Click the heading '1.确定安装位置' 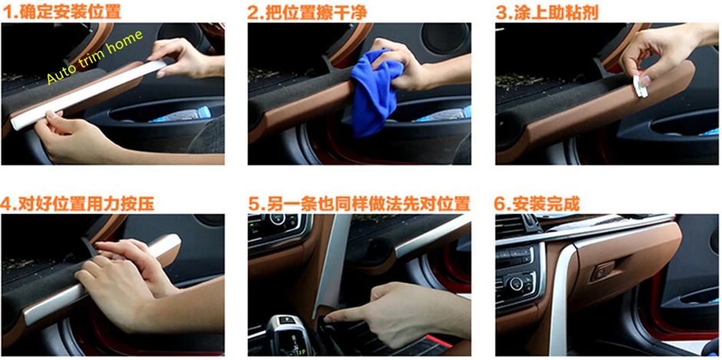tap(61, 12)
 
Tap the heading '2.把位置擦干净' tap(306, 12)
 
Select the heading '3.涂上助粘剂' tap(547, 12)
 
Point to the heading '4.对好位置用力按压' tap(78, 203)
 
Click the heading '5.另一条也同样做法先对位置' tap(359, 203)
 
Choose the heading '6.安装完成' tap(537, 203)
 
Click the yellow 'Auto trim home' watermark tap(94, 57)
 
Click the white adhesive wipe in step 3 tap(640, 87)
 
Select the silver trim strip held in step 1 tap(88, 95)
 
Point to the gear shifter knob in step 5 tap(283, 334)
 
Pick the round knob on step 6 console tap(516, 282)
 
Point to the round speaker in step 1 tap(180, 33)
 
